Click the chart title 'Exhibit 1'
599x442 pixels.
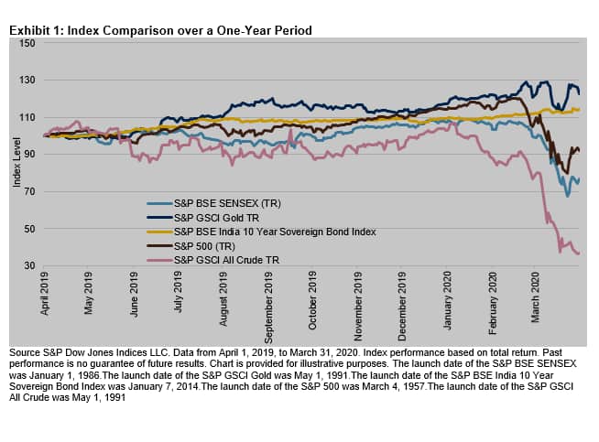pos(160,30)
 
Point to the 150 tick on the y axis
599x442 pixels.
pos(27,43)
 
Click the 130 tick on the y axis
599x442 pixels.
pos(27,81)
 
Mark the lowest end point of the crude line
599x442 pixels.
pos(578,253)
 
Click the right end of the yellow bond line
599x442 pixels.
pos(579,110)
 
